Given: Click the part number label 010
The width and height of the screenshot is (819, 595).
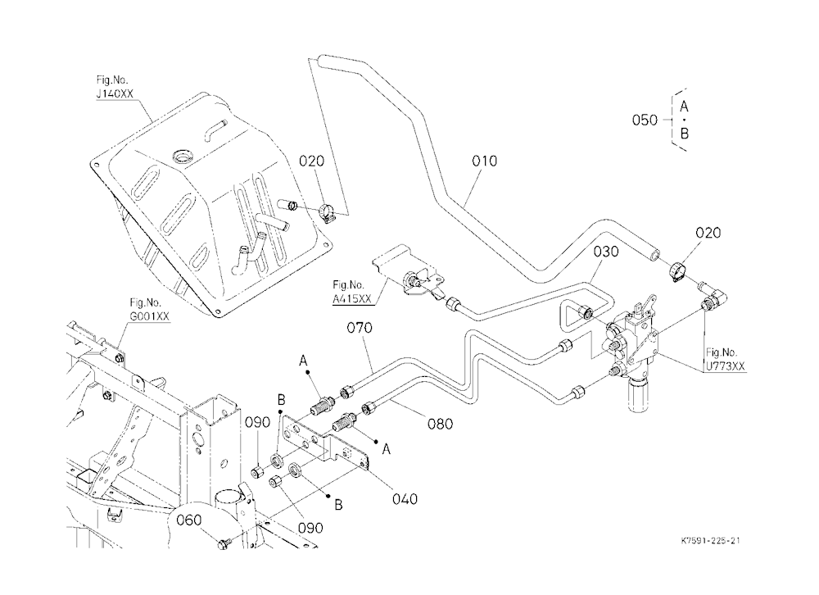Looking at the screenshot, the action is tap(484, 161).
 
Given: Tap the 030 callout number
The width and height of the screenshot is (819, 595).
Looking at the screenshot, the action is tap(606, 252).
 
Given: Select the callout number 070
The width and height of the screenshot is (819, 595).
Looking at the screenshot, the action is tap(360, 328).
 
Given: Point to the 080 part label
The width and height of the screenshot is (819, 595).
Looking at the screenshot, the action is tap(441, 424).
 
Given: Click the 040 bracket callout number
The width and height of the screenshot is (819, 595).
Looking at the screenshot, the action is tap(405, 499).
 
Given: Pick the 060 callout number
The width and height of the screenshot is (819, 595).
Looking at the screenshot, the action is tap(188, 520).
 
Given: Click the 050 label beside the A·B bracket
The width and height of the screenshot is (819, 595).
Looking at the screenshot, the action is tap(645, 120).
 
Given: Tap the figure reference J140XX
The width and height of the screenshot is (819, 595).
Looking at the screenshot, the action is tap(115, 93).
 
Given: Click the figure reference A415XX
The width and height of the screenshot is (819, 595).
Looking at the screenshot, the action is tap(352, 298).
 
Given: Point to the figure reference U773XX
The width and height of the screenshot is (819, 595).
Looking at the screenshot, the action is tap(726, 366).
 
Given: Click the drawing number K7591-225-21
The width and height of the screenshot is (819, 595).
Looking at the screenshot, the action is tap(710, 541).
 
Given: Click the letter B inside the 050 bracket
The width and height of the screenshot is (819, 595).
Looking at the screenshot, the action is tap(684, 134).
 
